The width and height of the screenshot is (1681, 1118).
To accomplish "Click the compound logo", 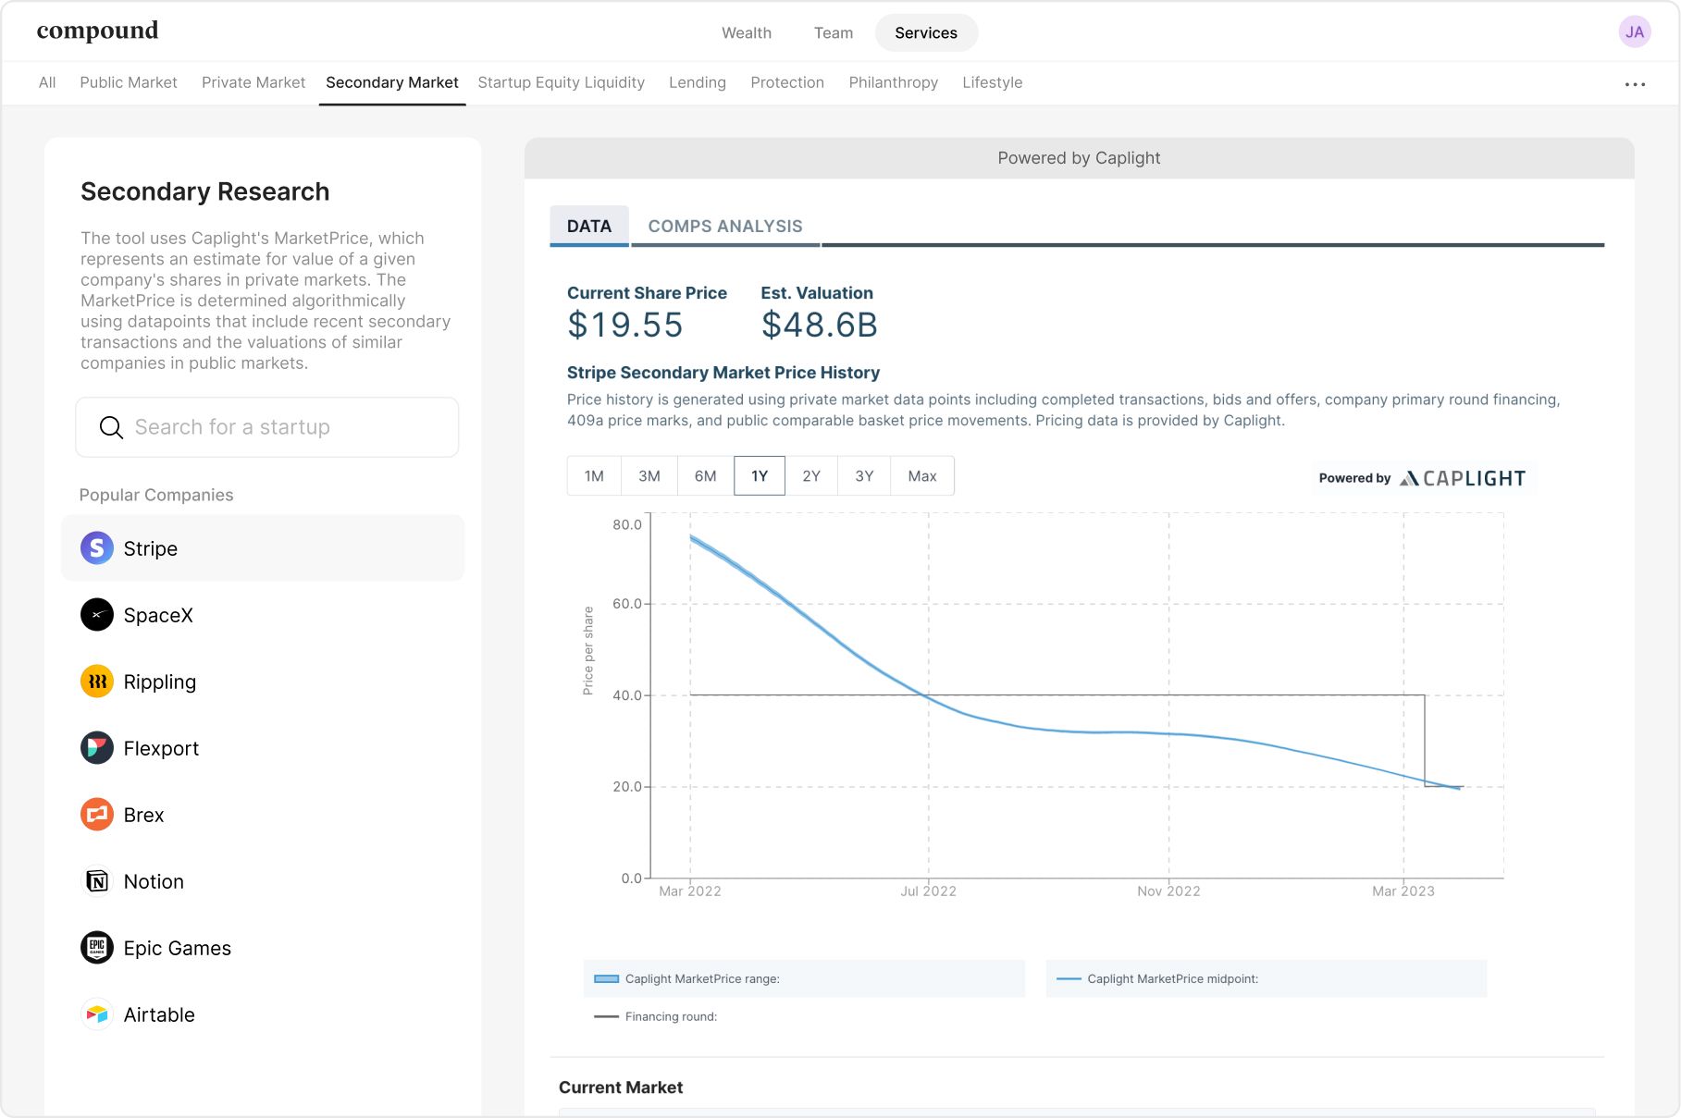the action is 97,31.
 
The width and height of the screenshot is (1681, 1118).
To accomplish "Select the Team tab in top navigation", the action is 834,32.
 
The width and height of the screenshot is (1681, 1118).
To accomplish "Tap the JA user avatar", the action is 1635,31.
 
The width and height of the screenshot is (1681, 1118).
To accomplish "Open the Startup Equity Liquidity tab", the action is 561,82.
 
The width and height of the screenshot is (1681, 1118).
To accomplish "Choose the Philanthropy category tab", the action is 893,82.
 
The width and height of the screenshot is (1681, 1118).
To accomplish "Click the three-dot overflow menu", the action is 1635,84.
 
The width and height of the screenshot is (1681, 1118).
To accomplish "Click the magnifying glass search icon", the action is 111,427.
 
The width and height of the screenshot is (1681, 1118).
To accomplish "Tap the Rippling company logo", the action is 97,682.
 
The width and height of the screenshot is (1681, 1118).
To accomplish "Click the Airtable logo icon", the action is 97,1014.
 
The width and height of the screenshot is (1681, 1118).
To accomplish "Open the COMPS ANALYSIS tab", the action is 725,227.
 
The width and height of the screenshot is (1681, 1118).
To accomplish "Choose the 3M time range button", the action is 649,476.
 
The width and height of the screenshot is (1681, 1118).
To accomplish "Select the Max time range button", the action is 922,476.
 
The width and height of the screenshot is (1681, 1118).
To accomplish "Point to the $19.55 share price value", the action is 625,326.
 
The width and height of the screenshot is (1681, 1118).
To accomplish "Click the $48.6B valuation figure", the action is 820,326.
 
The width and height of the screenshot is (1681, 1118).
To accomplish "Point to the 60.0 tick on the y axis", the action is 626,604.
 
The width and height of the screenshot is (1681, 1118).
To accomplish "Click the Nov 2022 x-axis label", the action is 1168,891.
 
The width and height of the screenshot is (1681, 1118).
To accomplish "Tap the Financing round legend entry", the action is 656,1016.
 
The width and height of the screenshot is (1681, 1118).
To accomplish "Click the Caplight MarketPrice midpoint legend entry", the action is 1157,978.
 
